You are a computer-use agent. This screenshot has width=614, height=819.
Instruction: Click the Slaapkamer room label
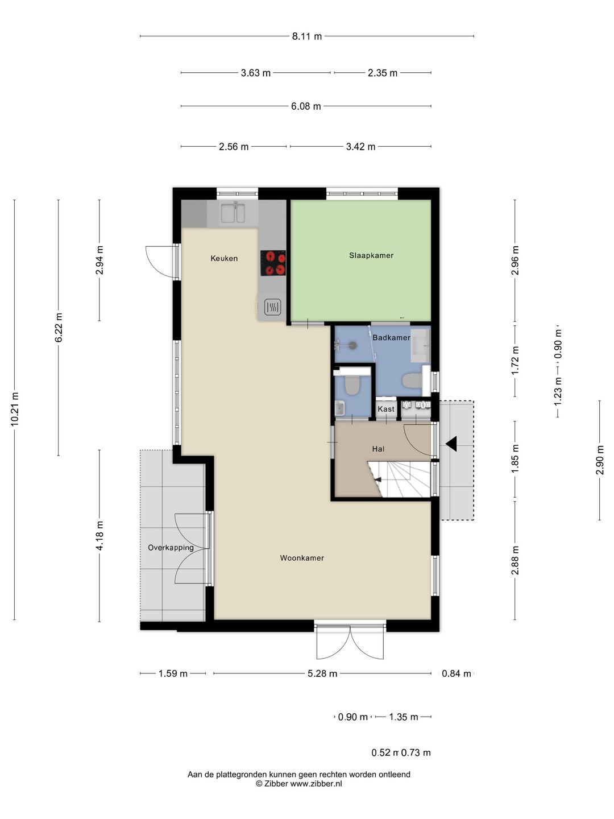pyautogui.click(x=371, y=255)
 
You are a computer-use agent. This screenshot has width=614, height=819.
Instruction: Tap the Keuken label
pyautogui.click(x=224, y=258)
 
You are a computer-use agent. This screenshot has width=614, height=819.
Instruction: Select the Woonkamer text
pyautogui.click(x=302, y=558)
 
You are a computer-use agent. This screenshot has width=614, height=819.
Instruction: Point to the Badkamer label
pyautogui.click(x=392, y=338)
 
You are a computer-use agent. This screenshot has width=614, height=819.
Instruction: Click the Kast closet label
pyautogui.click(x=386, y=409)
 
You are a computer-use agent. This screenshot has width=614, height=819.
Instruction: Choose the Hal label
pyautogui.click(x=378, y=449)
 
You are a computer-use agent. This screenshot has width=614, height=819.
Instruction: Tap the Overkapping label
pyautogui.click(x=171, y=548)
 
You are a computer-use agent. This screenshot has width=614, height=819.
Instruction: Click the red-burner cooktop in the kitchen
pyautogui.click(x=273, y=263)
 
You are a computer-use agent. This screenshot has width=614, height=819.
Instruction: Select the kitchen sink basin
pyautogui.click(x=233, y=213)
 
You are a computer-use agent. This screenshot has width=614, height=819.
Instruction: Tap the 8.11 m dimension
pyautogui.click(x=307, y=36)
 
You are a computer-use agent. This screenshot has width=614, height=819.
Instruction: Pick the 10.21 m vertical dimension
pyautogui.click(x=15, y=409)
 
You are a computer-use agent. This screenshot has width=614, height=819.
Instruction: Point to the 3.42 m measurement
pyautogui.click(x=360, y=147)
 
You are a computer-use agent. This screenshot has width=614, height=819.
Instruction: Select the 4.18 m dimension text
pyautogui.click(x=99, y=536)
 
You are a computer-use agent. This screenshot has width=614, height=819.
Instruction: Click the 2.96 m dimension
pyautogui.click(x=515, y=260)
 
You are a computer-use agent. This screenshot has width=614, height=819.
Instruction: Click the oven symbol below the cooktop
pyautogui.click(x=272, y=307)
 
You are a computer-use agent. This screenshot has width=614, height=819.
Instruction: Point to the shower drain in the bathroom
pyautogui.click(x=352, y=345)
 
